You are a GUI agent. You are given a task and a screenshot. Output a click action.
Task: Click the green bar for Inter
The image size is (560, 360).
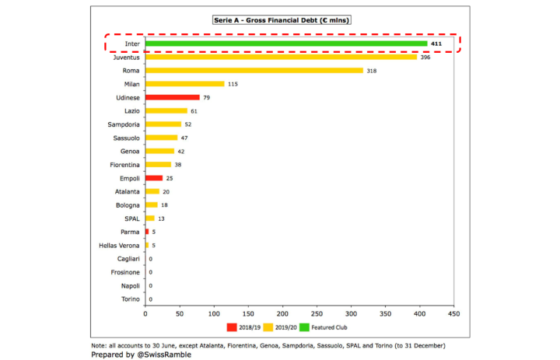click(286, 44)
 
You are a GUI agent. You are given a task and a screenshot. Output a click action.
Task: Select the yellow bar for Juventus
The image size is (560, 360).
click(281, 57)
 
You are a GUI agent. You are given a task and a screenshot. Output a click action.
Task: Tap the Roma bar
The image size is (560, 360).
click(254, 70)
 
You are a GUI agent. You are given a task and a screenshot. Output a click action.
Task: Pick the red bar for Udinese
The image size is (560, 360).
click(172, 97)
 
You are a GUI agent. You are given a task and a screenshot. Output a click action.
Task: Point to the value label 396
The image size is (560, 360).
click(425, 58)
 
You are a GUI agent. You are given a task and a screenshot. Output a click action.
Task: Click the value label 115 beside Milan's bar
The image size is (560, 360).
click(233, 84)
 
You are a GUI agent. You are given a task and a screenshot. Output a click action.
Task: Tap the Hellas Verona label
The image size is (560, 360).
click(118, 245)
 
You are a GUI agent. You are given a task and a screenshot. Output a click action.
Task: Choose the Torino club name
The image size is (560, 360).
click(129, 299)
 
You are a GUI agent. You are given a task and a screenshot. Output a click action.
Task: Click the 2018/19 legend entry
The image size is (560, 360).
click(244, 327)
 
